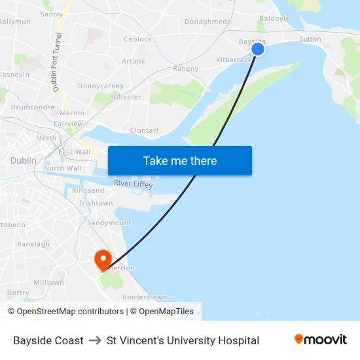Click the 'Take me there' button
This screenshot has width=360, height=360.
[x=180, y=160]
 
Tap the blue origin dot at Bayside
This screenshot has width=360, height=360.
[x=258, y=49]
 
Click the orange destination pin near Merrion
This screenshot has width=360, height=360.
[x=103, y=260]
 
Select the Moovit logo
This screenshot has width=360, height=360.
[x=321, y=340]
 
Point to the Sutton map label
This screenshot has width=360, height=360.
[x=310, y=39]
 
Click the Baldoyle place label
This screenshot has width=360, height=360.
[x=274, y=19]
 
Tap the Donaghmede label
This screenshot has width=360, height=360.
[x=207, y=22]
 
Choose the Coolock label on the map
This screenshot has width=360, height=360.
[x=137, y=39]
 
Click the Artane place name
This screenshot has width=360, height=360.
[x=133, y=61]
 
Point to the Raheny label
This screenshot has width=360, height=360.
[x=185, y=68]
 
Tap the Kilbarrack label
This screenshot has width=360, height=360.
[x=234, y=60]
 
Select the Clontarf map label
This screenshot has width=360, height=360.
[x=144, y=130]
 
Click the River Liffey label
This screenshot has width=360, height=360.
[x=133, y=185]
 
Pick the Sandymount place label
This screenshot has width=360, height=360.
[x=109, y=223]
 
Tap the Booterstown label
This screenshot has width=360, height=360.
[x=144, y=297]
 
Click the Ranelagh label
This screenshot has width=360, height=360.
[x=33, y=244]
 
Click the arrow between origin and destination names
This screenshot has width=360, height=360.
[x=95, y=340]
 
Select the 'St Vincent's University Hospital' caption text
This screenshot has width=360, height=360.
[x=183, y=340]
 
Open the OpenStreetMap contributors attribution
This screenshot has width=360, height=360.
[x=70, y=312]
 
